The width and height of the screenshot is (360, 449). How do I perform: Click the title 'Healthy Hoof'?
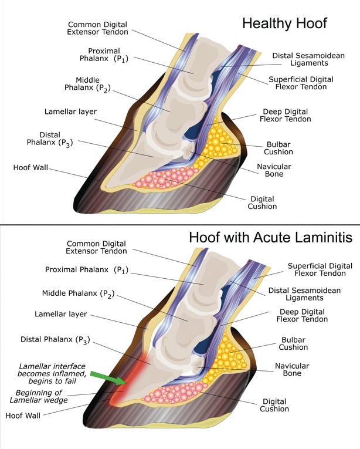[x=284, y=23]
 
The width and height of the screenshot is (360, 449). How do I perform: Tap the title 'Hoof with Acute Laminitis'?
[x=270, y=238]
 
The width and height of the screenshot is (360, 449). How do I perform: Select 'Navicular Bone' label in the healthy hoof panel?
[x=274, y=170]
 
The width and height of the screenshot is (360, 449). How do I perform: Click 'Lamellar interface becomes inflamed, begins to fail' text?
[x=47, y=373]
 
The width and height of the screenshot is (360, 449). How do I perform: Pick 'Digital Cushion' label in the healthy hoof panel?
[x=263, y=202]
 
